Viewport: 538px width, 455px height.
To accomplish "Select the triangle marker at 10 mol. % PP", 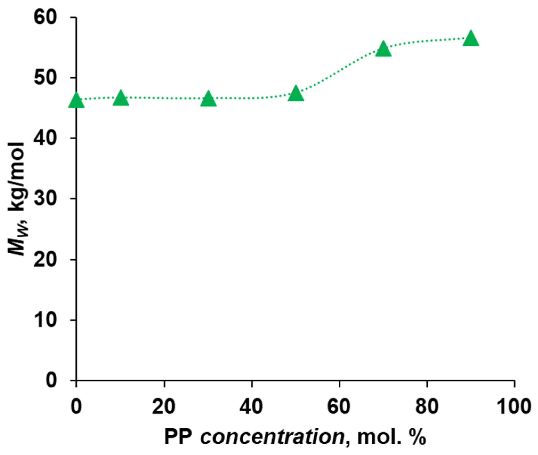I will click(x=121, y=99).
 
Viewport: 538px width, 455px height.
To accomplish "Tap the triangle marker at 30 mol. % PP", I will click(x=208, y=99).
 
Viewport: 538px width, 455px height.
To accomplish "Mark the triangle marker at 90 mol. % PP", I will click(x=471, y=39).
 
